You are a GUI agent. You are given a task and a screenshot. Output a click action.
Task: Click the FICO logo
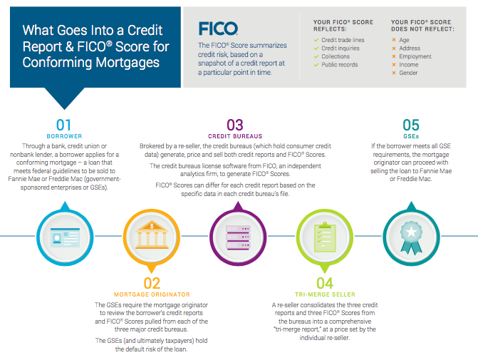pos(218,29)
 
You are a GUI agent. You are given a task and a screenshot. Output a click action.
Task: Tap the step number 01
pos(63,125)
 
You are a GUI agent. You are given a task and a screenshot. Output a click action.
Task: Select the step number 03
pos(235,125)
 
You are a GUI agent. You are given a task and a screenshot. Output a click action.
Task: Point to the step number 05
pos(411,125)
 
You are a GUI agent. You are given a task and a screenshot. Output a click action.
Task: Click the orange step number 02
pos(152,284)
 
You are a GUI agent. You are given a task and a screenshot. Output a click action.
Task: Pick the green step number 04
pos(325,284)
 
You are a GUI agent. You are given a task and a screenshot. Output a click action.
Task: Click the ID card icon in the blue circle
pos(65,237)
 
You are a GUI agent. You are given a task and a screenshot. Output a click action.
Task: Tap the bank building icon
pos(152,235)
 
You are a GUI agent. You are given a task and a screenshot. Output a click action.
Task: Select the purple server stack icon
pos(238,237)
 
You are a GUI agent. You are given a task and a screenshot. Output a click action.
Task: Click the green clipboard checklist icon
pos(325,237)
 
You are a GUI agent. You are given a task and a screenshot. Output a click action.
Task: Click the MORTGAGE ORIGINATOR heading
pos(152,294)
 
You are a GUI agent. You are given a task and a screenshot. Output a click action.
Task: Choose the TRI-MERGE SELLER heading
pos(325,294)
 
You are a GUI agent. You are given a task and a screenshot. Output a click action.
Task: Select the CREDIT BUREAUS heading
pos(235,136)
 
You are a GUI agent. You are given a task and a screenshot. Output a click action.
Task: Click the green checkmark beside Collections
pos(316,56)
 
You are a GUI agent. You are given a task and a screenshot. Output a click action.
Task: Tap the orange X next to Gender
pos(394,73)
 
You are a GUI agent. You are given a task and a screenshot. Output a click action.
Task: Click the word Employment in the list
pos(415,56)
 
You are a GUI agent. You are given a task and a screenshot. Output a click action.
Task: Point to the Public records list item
pos(340,65)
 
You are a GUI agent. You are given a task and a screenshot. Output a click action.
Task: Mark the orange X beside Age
pos(394,40)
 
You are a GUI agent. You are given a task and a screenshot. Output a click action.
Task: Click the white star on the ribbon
pos(411,232)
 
